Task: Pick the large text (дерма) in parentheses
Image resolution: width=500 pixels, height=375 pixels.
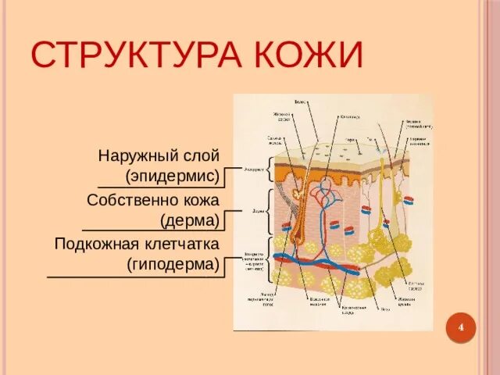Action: coord(189,221)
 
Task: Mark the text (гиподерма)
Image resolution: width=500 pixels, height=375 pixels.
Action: coord(173,265)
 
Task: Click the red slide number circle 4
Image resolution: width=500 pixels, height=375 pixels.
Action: coord(461,327)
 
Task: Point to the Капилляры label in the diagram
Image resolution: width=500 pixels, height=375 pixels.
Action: coord(349,118)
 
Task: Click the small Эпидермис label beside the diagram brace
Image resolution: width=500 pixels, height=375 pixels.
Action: coord(254,168)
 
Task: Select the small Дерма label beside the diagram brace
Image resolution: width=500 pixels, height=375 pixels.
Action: coord(257,211)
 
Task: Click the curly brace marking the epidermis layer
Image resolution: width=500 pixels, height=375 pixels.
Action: coord(270,169)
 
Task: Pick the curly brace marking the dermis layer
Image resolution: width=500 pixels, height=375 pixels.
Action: coord(270,211)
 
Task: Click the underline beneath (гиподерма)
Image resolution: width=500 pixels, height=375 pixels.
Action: coord(133,277)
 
